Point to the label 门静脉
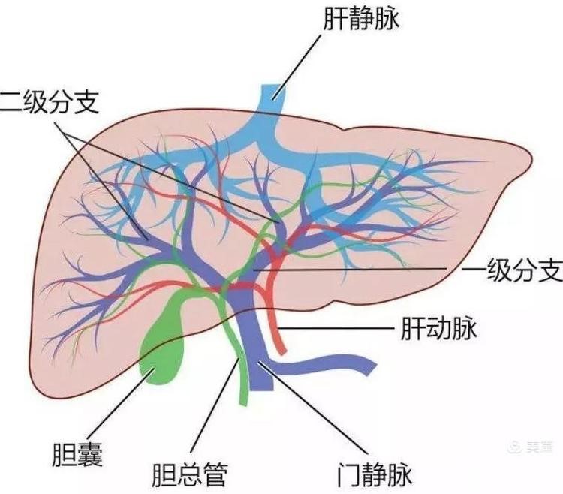pos(372,472)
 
